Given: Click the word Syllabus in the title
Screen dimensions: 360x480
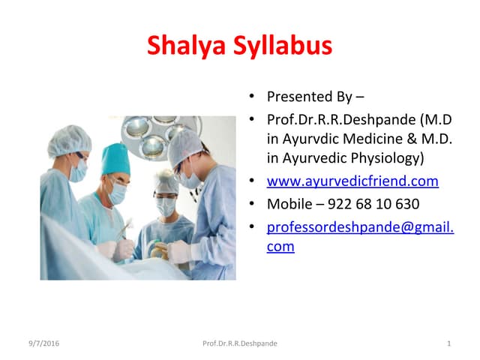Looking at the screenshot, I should (x=280, y=46).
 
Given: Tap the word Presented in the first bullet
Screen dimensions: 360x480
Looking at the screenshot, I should (x=299, y=97).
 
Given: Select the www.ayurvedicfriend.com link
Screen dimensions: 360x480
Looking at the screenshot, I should (x=352, y=181).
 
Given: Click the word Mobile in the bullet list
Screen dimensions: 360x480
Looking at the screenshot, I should (x=289, y=203).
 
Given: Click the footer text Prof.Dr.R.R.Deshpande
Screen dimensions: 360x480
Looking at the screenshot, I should (x=240, y=343).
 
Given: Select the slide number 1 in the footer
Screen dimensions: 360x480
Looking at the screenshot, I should (x=448, y=343).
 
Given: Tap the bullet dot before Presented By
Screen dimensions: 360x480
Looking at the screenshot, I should (x=253, y=97).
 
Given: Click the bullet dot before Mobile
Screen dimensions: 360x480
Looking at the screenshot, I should (x=253, y=204).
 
